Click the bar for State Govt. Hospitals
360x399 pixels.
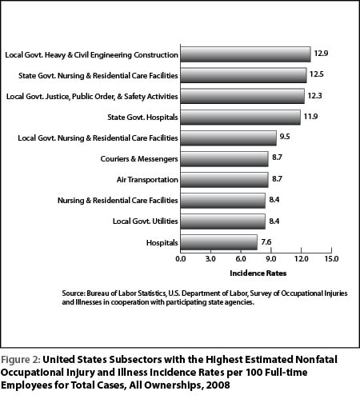(241, 118)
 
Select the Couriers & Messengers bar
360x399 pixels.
(224, 159)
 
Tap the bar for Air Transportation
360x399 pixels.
(224, 180)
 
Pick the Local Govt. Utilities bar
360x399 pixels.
(223, 221)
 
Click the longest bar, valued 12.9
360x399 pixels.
(246, 54)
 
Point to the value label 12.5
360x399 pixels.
(316, 74)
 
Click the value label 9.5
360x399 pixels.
(285, 137)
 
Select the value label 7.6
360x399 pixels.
(266, 242)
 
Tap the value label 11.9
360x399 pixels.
(310, 117)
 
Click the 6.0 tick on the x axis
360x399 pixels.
(241, 259)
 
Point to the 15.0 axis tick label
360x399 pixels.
(331, 259)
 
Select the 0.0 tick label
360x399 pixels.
(181, 259)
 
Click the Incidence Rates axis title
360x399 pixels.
(258, 273)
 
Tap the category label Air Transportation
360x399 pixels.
(147, 180)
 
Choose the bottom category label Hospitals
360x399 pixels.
(162, 243)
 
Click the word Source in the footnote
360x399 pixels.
(73, 293)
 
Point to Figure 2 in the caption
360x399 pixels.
(20, 360)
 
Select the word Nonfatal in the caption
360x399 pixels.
(316, 360)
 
